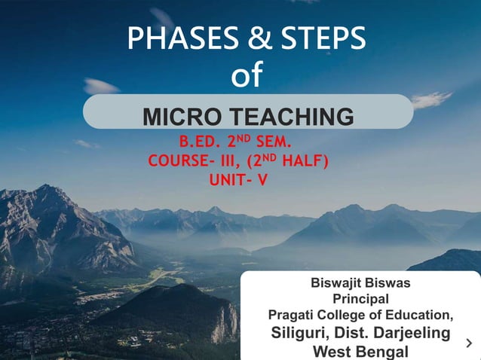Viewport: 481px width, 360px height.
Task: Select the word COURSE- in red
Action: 179,161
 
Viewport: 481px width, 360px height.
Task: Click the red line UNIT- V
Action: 237,180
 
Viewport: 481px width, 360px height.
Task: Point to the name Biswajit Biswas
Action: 360,284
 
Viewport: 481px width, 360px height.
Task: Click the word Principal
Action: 360,299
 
